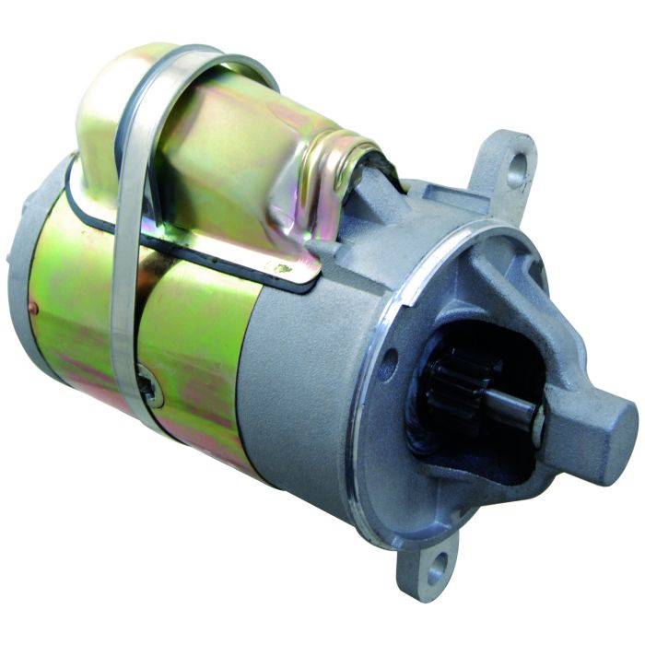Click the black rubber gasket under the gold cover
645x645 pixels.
tap(184, 249)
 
